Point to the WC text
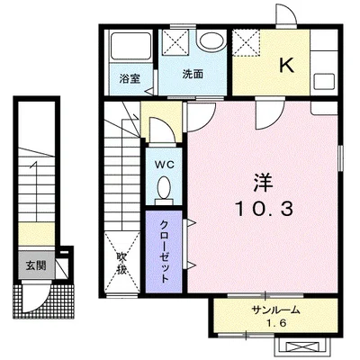(164, 165)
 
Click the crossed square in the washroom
(175, 41)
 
